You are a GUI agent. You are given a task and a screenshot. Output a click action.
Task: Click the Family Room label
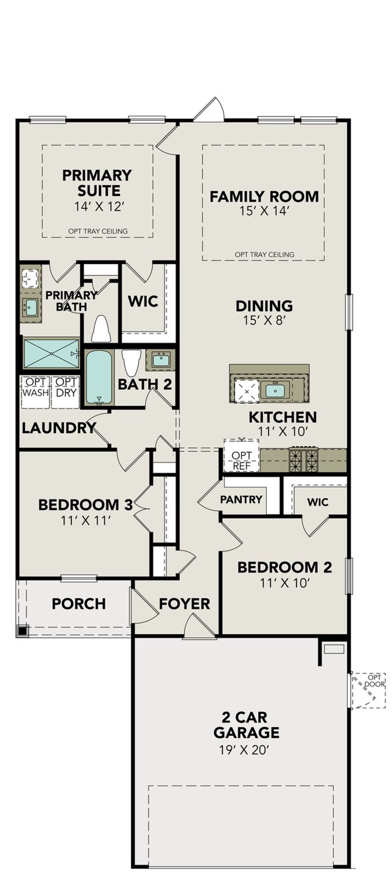[264, 197]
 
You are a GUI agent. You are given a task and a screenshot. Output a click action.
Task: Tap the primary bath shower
[51, 353]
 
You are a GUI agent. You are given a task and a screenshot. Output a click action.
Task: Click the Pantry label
[241, 499]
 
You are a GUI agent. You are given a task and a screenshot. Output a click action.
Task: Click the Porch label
[79, 604]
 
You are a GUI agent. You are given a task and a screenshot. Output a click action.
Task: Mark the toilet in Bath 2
[131, 362]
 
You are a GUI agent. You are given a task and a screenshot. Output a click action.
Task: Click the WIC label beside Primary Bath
[143, 301]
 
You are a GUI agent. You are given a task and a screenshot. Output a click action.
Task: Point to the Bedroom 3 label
[85, 505]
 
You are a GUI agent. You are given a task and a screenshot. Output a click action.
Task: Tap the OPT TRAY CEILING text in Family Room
[264, 254]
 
